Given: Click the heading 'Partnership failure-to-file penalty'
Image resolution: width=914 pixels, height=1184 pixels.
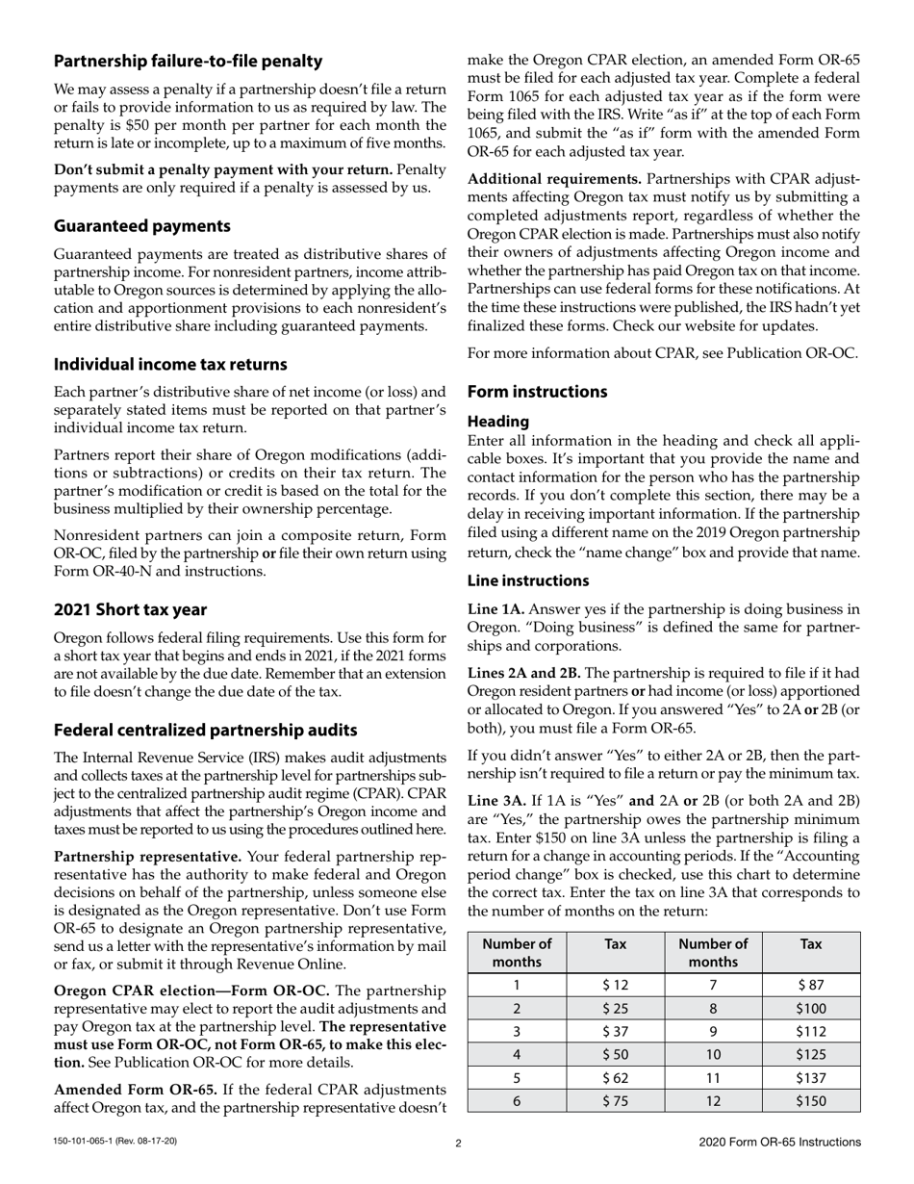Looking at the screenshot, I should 188,62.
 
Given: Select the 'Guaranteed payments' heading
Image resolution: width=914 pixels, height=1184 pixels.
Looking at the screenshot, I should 141,226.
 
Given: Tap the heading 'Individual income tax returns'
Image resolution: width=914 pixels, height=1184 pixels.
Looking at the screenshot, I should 170,365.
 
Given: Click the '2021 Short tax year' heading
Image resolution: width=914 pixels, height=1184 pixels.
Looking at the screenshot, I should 130,609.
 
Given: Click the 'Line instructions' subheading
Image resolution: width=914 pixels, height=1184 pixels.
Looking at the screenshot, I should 528,580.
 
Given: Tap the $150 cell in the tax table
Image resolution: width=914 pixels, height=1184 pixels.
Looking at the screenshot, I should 810,1101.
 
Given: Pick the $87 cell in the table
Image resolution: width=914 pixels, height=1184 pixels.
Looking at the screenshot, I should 810,985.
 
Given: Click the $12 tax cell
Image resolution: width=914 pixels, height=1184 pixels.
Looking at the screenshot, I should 615,985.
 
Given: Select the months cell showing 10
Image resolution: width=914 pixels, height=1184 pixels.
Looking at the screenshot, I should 713,1055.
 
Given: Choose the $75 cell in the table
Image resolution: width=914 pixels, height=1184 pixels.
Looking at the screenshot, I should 615,1101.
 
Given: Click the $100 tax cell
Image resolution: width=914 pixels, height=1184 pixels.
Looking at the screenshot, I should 810,1009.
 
